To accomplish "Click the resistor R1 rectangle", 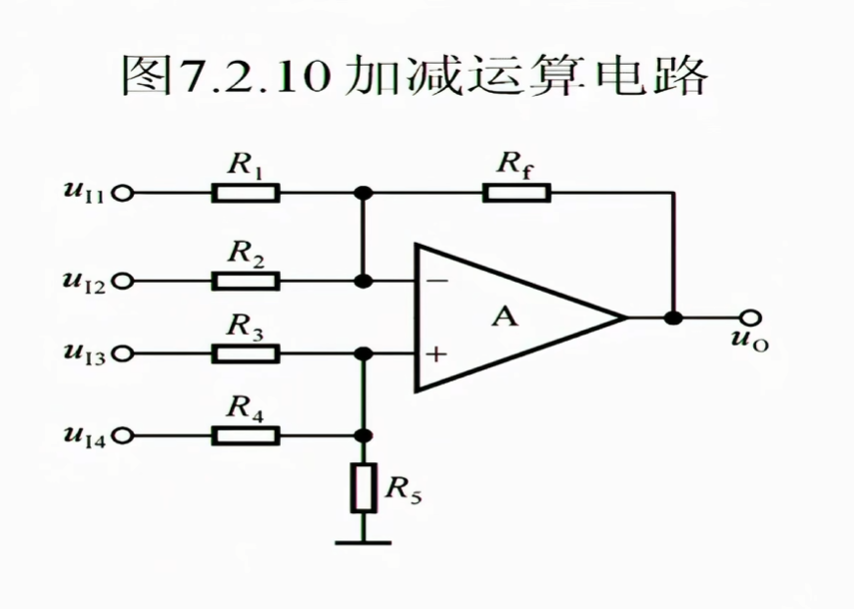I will pyautogui.click(x=246, y=193).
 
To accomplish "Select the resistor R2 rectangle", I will pyautogui.click(x=246, y=281).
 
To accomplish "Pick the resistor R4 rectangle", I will pyautogui.click(x=246, y=435).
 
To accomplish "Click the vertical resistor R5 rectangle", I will pyautogui.click(x=364, y=488).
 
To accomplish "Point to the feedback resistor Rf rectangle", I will pyautogui.click(x=517, y=193).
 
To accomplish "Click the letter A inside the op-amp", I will pyautogui.click(x=505, y=317).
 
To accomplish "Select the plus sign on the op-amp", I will pyautogui.click(x=436, y=354).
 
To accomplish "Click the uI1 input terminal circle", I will pyautogui.click(x=122, y=193).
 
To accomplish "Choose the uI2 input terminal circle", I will pyautogui.click(x=122, y=282).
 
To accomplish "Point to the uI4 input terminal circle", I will pyautogui.click(x=122, y=435).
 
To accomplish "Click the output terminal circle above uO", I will pyautogui.click(x=750, y=317).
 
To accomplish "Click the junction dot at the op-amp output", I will pyautogui.click(x=672, y=317).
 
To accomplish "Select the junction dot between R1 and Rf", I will pyautogui.click(x=364, y=193).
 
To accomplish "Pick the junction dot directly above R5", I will pyautogui.click(x=364, y=435).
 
